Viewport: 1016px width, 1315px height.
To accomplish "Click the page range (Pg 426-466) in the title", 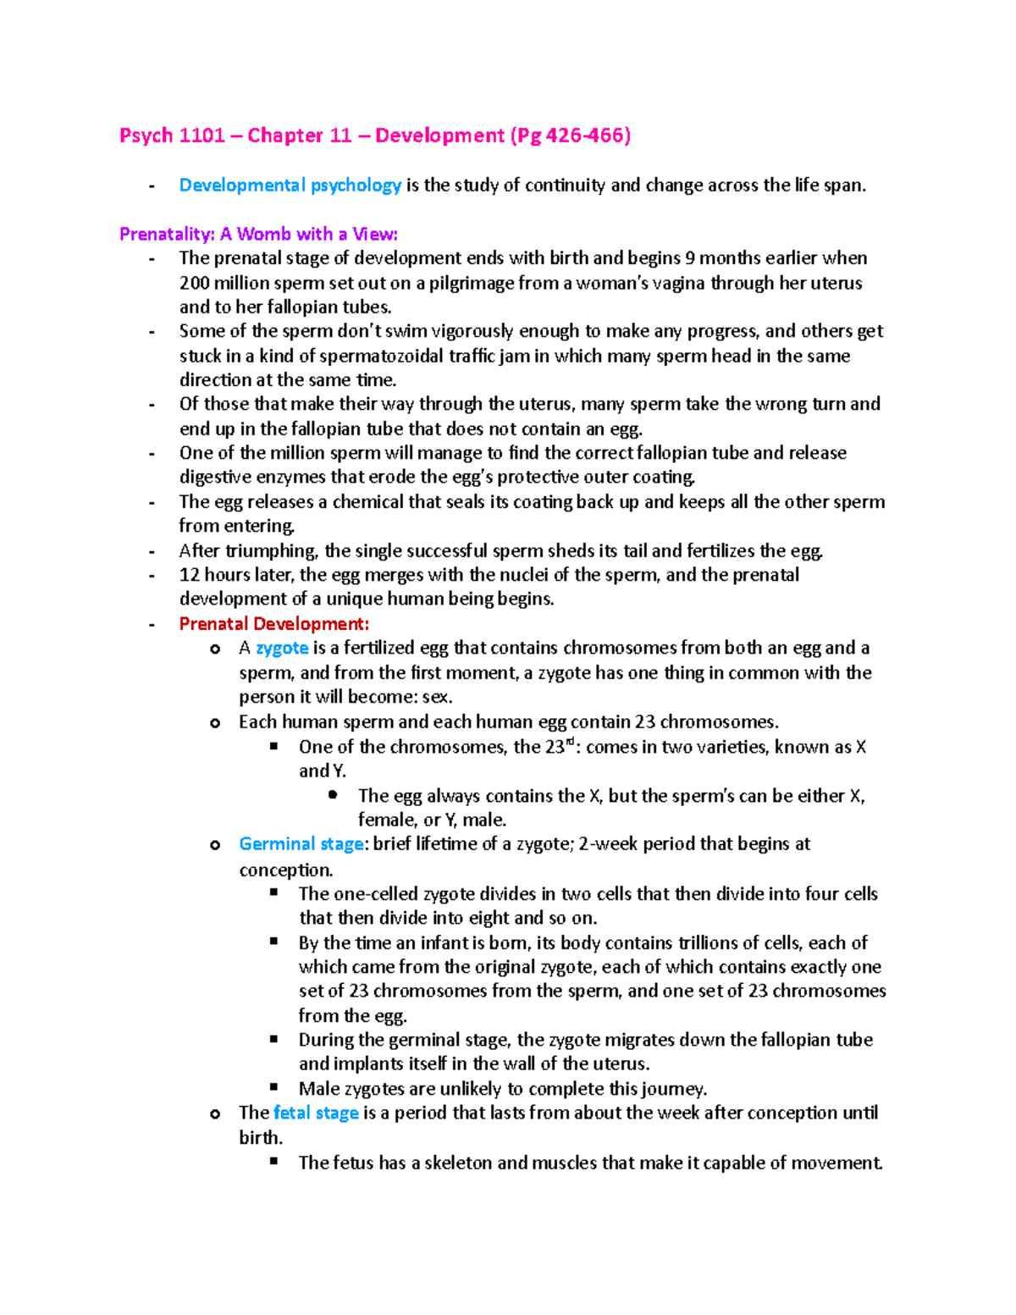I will coord(570,135).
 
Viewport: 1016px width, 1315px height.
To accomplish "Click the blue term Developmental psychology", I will coord(290,185).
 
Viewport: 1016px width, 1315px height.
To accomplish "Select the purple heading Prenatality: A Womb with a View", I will coord(258,234).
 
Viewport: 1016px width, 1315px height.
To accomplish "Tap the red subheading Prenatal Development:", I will coord(273,624).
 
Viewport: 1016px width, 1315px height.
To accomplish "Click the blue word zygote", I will coord(282,649).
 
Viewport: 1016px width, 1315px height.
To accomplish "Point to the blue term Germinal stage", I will coord(301,844).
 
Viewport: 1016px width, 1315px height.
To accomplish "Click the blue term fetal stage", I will coord(316,1113).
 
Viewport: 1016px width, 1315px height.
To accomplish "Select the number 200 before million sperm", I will coord(195,283).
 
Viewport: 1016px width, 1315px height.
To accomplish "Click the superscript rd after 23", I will coord(570,742).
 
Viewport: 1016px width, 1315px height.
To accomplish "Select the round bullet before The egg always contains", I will coord(334,795).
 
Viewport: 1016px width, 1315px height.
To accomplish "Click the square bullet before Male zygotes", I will coord(274,1086).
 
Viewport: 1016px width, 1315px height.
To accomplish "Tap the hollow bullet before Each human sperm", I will coord(215,722).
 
